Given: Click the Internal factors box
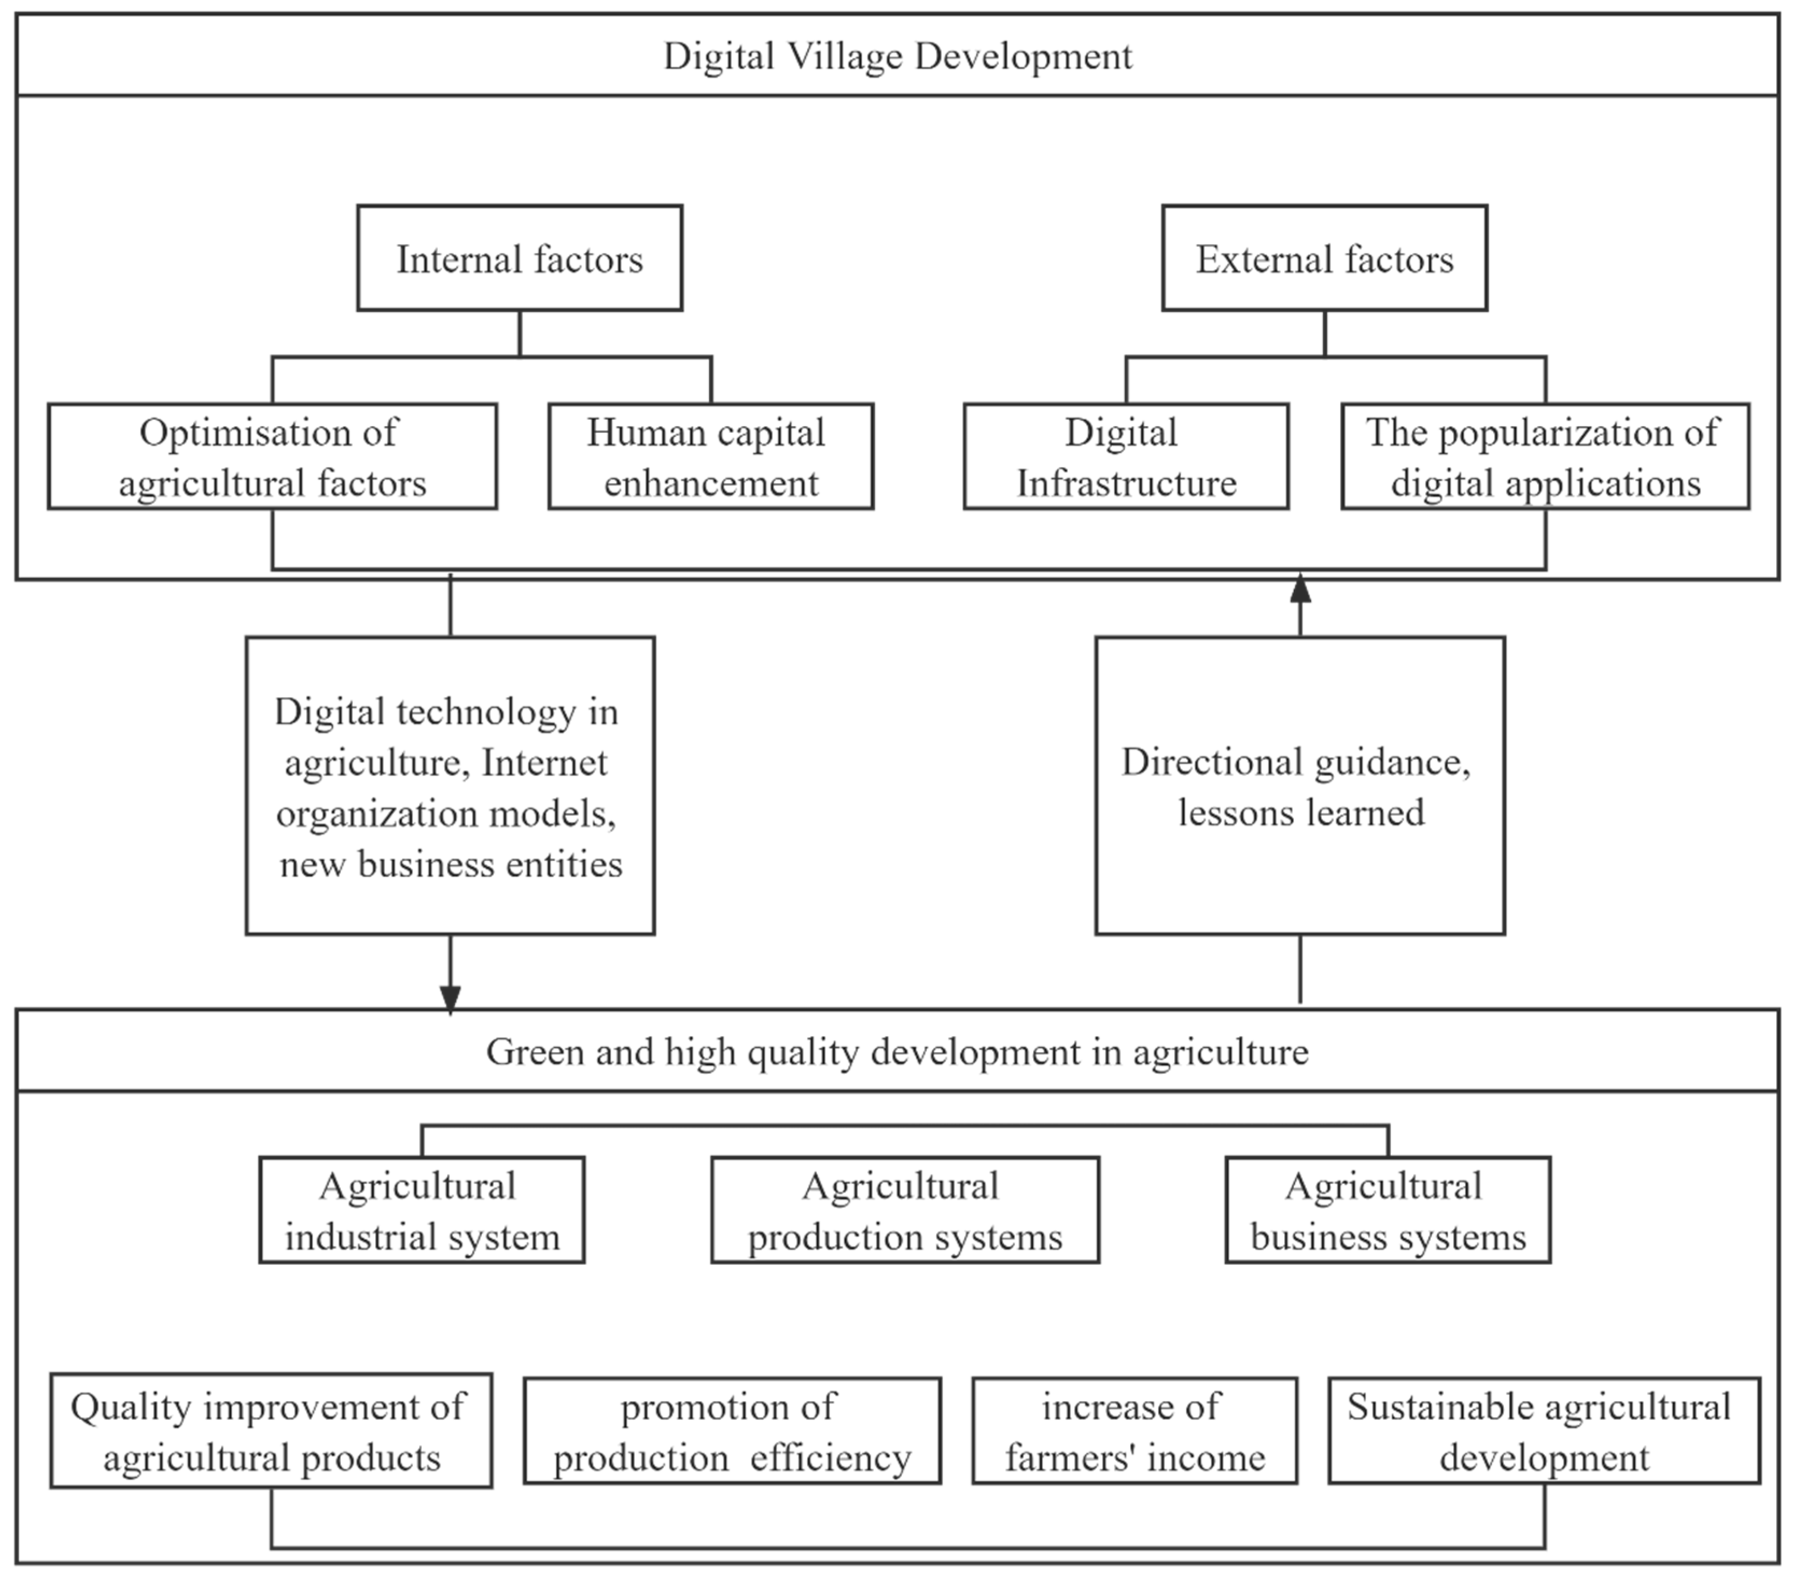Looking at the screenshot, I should (x=519, y=258).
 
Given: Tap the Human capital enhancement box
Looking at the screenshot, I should (x=711, y=456).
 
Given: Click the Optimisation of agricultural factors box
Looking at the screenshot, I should (x=272, y=456).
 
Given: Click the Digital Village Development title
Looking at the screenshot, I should (x=896, y=56).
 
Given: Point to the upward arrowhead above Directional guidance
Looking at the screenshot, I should (x=1300, y=589).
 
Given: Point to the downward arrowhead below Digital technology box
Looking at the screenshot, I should (x=450, y=998).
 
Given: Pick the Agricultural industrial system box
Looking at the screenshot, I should (x=422, y=1210).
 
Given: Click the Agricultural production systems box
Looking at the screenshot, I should (x=905, y=1210).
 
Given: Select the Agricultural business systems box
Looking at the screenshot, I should (x=1388, y=1210).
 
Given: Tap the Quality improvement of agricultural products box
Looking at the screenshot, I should (x=271, y=1431).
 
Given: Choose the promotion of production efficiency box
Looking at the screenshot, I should (x=732, y=1431).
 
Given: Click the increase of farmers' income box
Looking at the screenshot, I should (x=1134, y=1431).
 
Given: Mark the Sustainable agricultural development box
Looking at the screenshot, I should (x=1544, y=1431).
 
